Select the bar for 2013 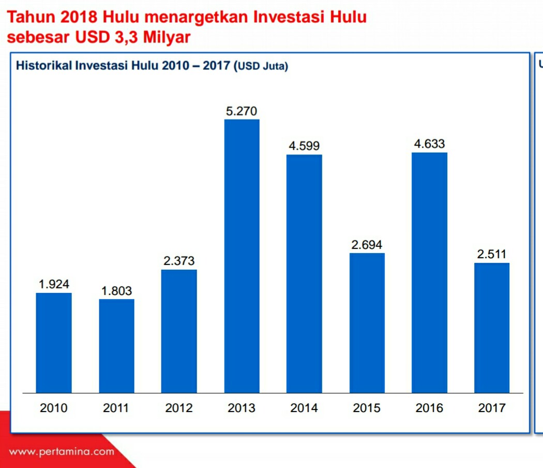point(242,256)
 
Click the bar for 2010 point(54,343)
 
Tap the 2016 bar point(429,272)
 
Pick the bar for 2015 point(367,323)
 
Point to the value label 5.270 point(242,111)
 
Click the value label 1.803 point(116,291)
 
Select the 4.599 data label point(304,146)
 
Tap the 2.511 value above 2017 point(491,254)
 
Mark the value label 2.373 point(179,261)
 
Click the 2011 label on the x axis point(116,408)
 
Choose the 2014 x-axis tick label point(304,408)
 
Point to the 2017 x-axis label point(491,408)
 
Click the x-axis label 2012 point(179,408)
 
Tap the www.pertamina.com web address point(62,451)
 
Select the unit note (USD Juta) point(261,66)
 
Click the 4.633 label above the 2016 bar point(429,144)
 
